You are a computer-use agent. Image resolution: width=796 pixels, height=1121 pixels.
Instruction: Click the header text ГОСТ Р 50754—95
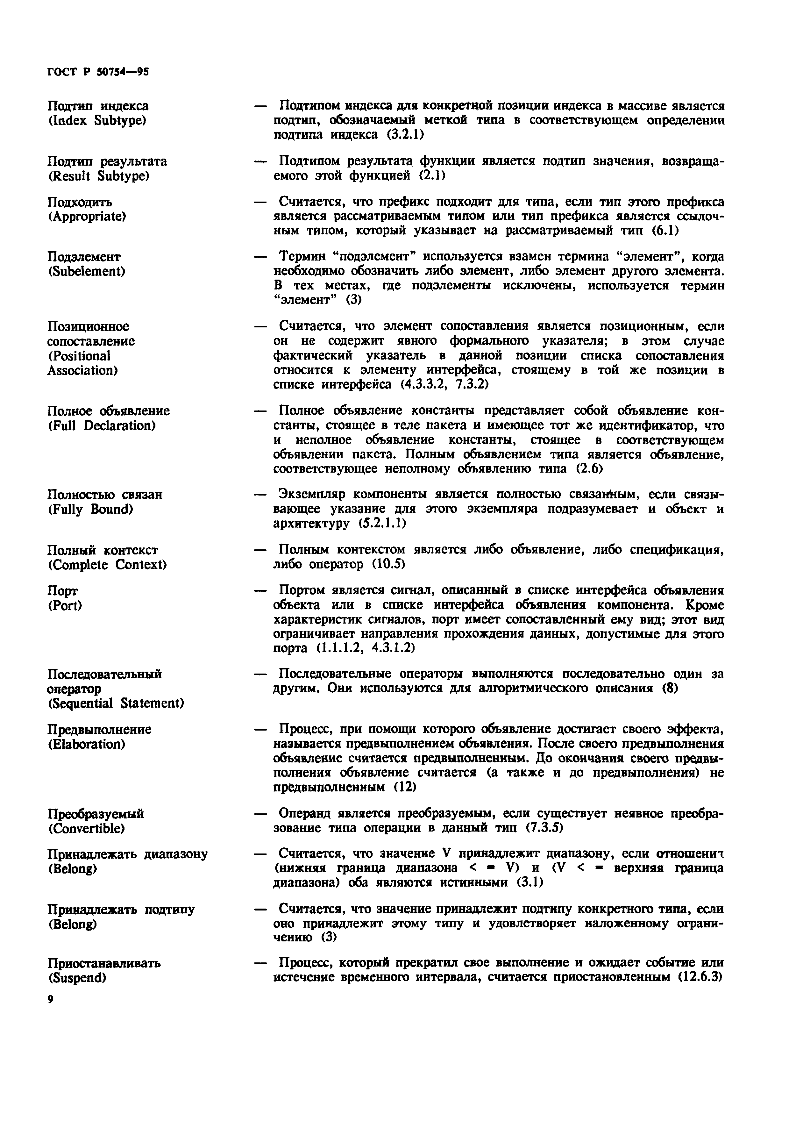pos(98,72)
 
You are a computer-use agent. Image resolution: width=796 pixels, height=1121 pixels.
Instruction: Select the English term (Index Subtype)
pos(97,121)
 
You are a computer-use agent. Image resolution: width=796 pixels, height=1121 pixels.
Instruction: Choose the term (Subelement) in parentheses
pos(86,271)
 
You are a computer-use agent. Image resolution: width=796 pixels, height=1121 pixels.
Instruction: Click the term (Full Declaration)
pos(102,425)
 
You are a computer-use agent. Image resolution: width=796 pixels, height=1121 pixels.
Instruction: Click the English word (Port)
pos(65,605)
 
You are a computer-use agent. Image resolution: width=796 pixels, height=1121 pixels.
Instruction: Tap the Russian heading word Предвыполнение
pos(99,729)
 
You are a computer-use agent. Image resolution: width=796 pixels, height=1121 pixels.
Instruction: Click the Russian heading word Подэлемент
pos(84,256)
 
